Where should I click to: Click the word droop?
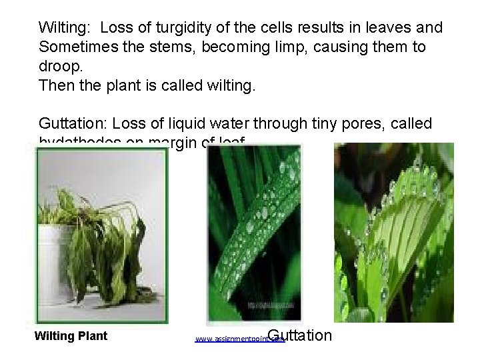pos(59,67)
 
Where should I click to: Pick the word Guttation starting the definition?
pos(73,123)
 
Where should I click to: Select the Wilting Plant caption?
pos(71,336)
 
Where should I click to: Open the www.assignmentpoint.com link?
pos(239,339)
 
